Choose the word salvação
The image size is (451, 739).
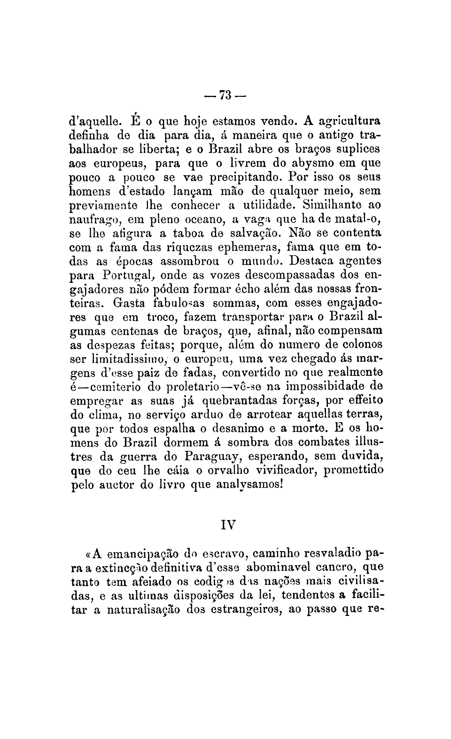[255, 233]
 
